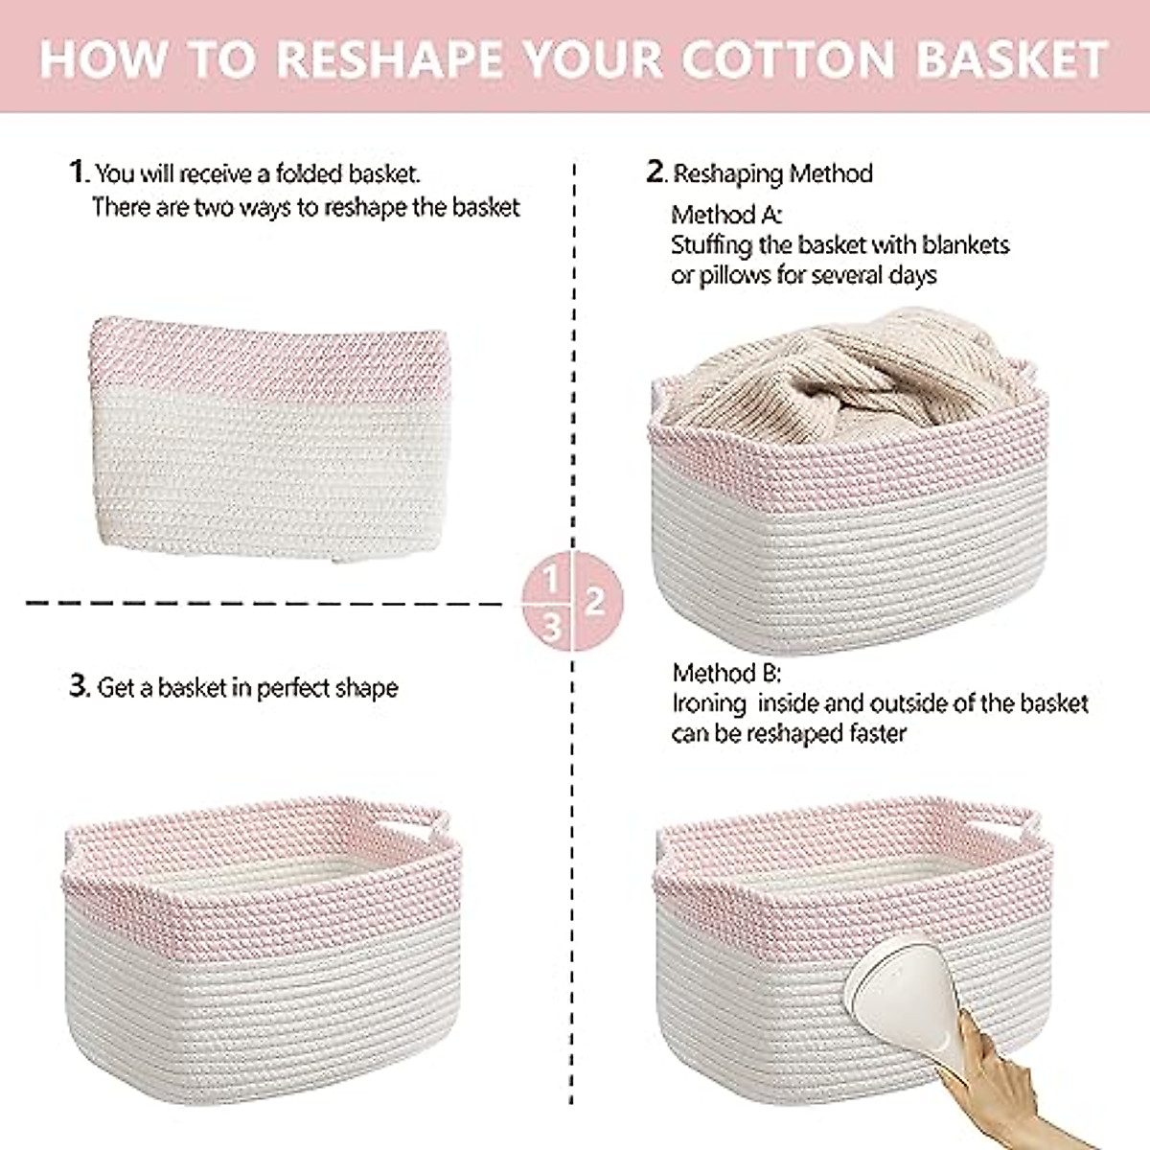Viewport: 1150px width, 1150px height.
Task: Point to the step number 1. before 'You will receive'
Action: point(79,172)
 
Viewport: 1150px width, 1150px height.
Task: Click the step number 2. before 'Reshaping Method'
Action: point(655,172)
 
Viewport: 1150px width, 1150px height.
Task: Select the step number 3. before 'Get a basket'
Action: point(80,687)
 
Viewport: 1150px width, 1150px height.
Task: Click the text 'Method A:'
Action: point(726,215)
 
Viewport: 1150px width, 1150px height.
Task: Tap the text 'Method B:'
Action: point(726,673)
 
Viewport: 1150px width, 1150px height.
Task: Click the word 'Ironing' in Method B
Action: point(709,704)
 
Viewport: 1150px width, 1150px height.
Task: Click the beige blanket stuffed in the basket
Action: point(834,374)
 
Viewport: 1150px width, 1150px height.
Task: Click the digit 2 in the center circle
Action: point(595,602)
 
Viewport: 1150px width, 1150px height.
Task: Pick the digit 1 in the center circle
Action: point(551,579)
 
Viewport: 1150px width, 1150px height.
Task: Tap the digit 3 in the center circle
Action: point(552,627)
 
